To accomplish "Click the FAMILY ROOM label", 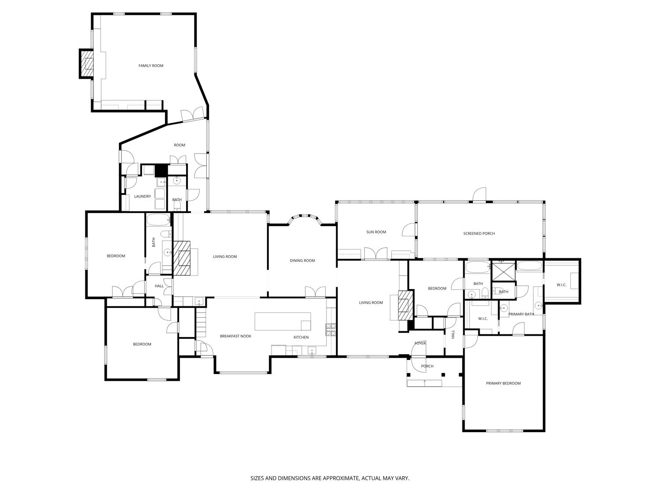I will [151, 66].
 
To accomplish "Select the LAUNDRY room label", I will [143, 196].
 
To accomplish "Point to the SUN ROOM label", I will [376, 232].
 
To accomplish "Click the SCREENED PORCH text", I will [479, 233].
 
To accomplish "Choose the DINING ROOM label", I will [302, 260].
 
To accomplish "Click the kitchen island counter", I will [283, 321].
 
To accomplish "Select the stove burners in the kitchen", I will [330, 328].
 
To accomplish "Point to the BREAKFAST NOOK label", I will [235, 336].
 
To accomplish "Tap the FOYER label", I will [420, 343].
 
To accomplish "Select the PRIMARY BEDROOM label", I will [503, 383].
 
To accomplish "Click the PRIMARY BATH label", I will [521, 314].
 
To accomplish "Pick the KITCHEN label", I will [301, 337].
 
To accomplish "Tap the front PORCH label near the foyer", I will [427, 366].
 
